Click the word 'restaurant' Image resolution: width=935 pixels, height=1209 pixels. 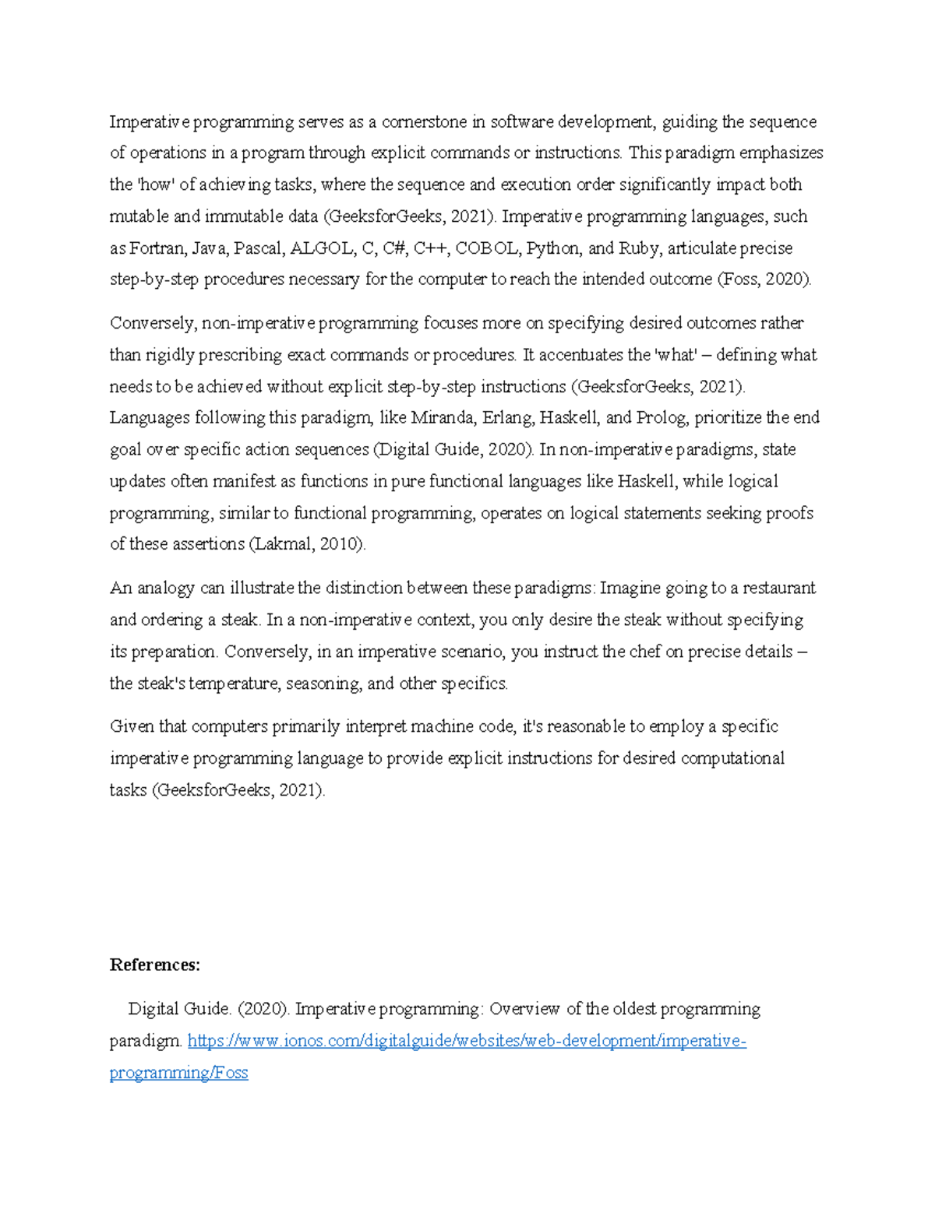(x=779, y=588)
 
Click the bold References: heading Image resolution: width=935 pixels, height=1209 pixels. (x=155, y=965)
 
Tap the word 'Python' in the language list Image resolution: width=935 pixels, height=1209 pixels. (x=553, y=248)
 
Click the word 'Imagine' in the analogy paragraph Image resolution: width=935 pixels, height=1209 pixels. (x=629, y=588)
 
